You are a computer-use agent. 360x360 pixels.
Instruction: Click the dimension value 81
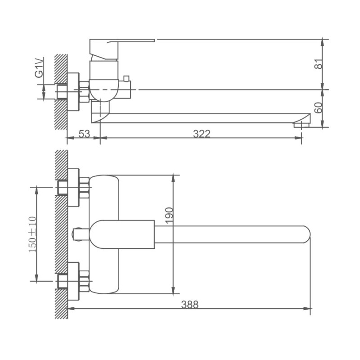(x=319, y=64)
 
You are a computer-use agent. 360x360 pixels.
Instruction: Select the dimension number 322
(x=202, y=134)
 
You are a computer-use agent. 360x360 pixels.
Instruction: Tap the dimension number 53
(x=84, y=134)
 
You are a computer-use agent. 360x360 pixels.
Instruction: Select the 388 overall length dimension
(x=189, y=304)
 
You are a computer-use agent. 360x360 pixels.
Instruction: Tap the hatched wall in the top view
(x=60, y=234)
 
